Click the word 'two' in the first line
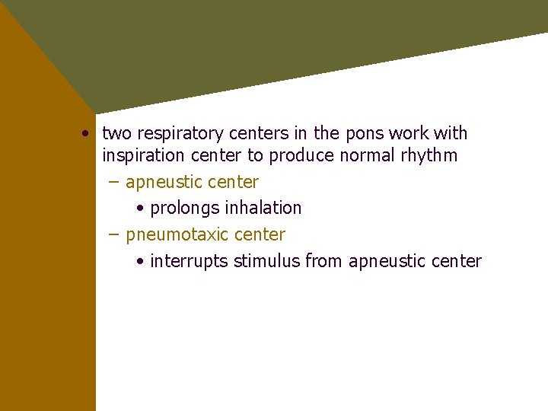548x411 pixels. coord(116,134)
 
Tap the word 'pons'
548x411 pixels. coord(365,134)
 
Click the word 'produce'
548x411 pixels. coord(299,156)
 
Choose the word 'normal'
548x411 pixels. coord(363,156)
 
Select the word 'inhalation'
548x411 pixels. coord(263,208)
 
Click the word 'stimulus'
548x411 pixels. coord(266,261)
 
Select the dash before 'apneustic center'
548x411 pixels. coord(113,183)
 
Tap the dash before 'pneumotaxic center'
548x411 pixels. coord(113,234)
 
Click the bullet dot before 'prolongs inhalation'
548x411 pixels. coord(141,209)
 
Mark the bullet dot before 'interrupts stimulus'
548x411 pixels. coord(141,262)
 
